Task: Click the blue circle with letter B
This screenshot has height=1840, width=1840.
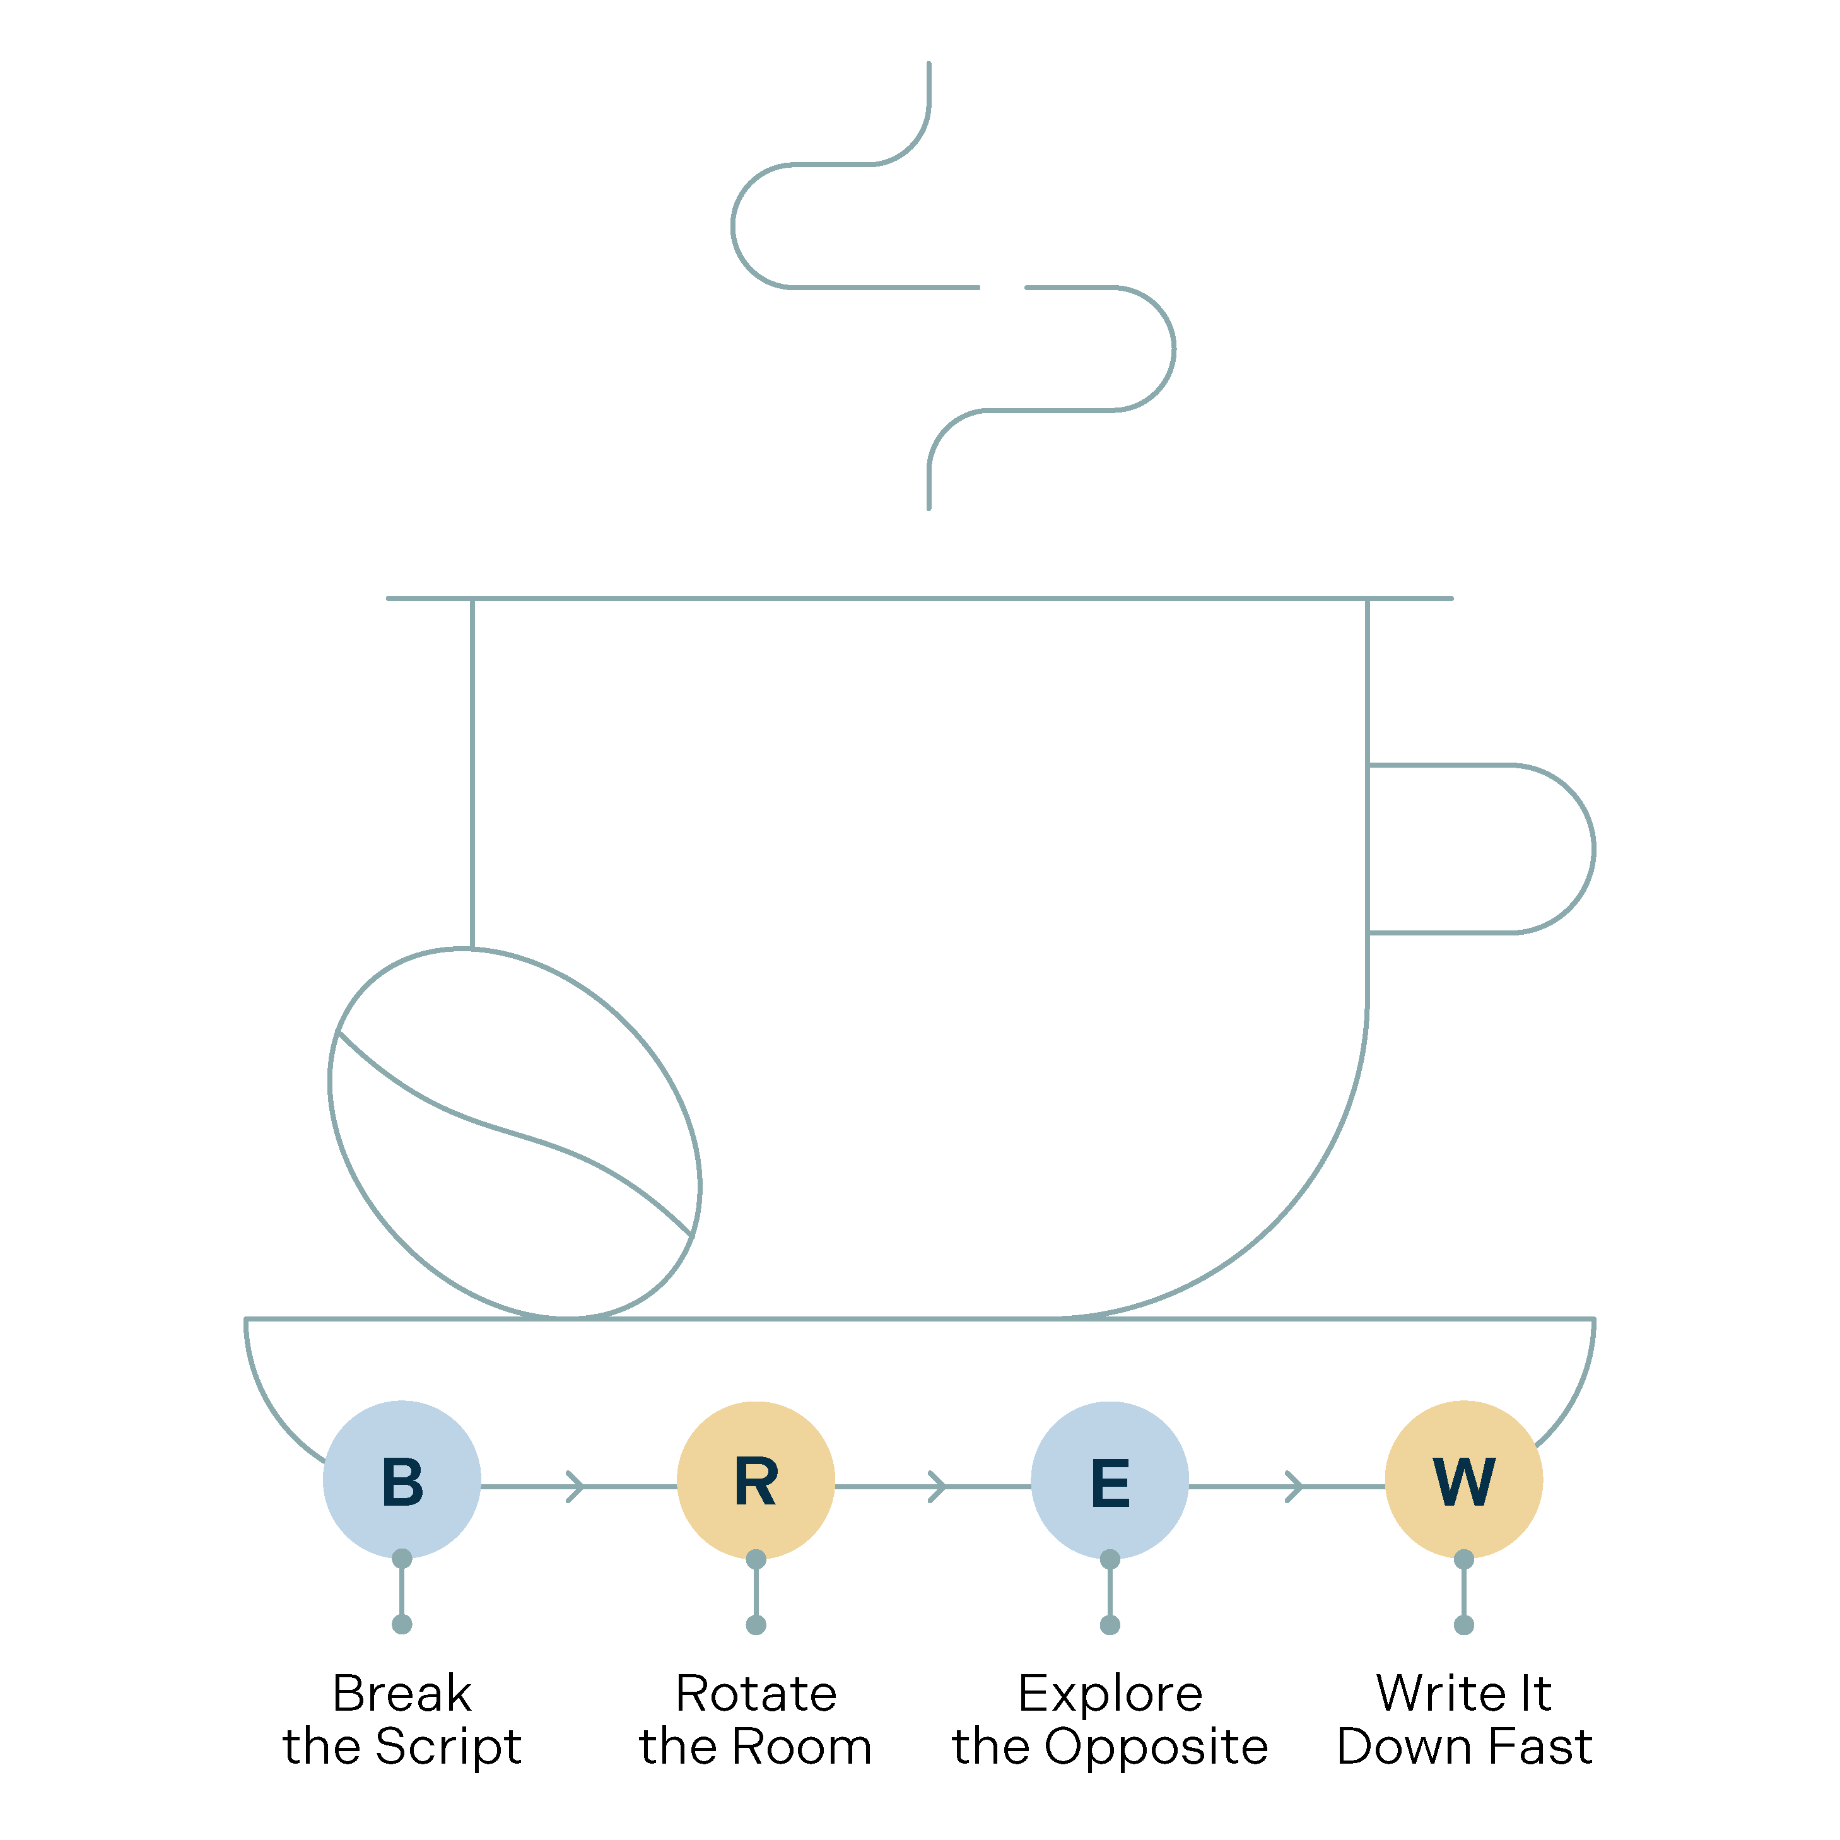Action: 402,1480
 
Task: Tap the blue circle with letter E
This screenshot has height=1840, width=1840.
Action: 1110,1480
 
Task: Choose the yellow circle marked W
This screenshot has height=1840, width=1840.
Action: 1464,1480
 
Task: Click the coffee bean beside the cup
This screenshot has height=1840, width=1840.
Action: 514,1134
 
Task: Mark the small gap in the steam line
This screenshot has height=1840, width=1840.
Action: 1002,286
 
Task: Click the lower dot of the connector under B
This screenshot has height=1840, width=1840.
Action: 402,1624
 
